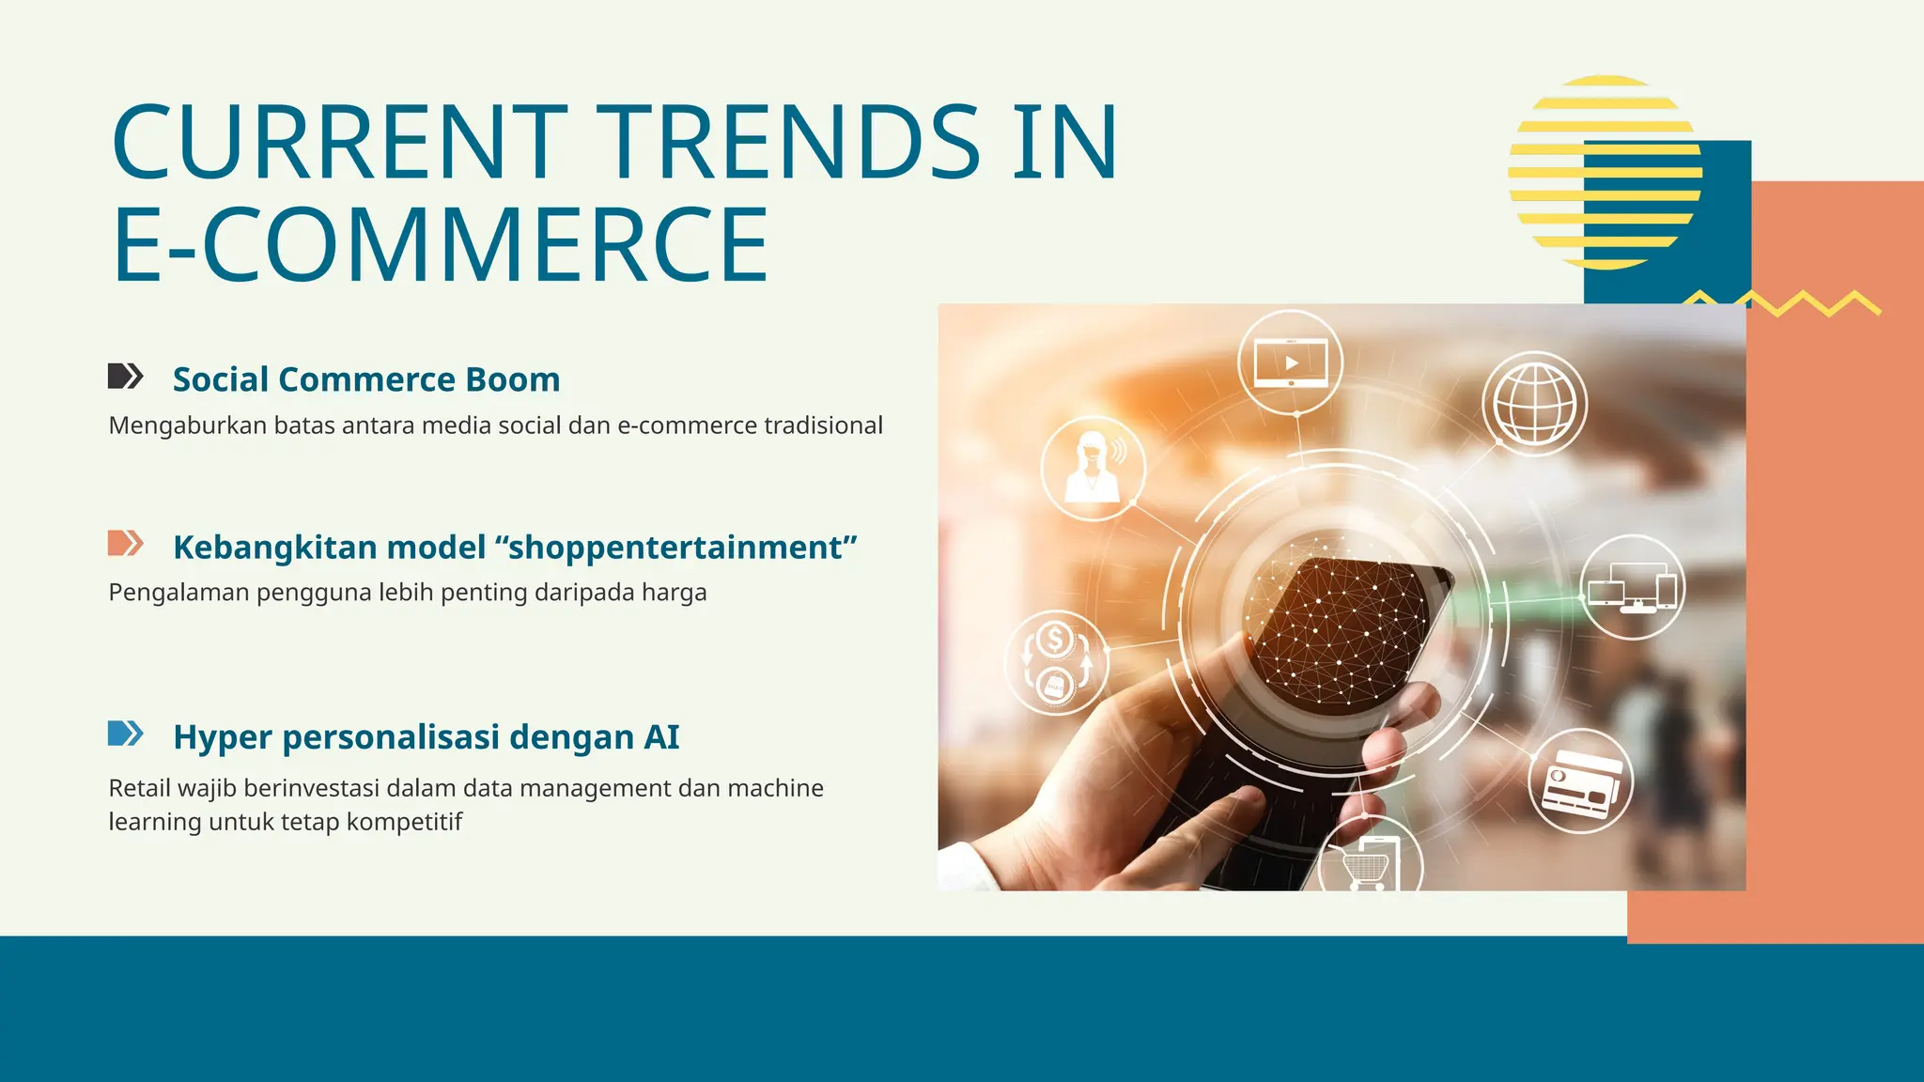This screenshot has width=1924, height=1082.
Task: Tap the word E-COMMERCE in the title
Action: click(440, 245)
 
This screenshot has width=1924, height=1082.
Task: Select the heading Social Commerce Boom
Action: click(366, 379)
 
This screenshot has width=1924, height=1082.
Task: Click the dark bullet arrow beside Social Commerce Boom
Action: click(125, 377)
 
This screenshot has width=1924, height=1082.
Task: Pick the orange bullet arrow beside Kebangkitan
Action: click(125, 543)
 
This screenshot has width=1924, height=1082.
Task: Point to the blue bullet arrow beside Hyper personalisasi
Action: click(125, 734)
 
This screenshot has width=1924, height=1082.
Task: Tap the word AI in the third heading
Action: click(661, 737)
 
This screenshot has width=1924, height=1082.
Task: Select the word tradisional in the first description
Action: click(823, 425)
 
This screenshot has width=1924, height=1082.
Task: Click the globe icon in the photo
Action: click(1534, 404)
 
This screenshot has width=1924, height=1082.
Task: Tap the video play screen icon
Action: click(1291, 363)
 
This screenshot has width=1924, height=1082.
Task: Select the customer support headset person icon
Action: click(1093, 468)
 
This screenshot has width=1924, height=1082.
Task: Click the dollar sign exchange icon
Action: click(1056, 662)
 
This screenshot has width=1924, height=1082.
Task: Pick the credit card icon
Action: click(1581, 781)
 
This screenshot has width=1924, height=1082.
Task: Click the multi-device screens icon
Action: click(1632, 588)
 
